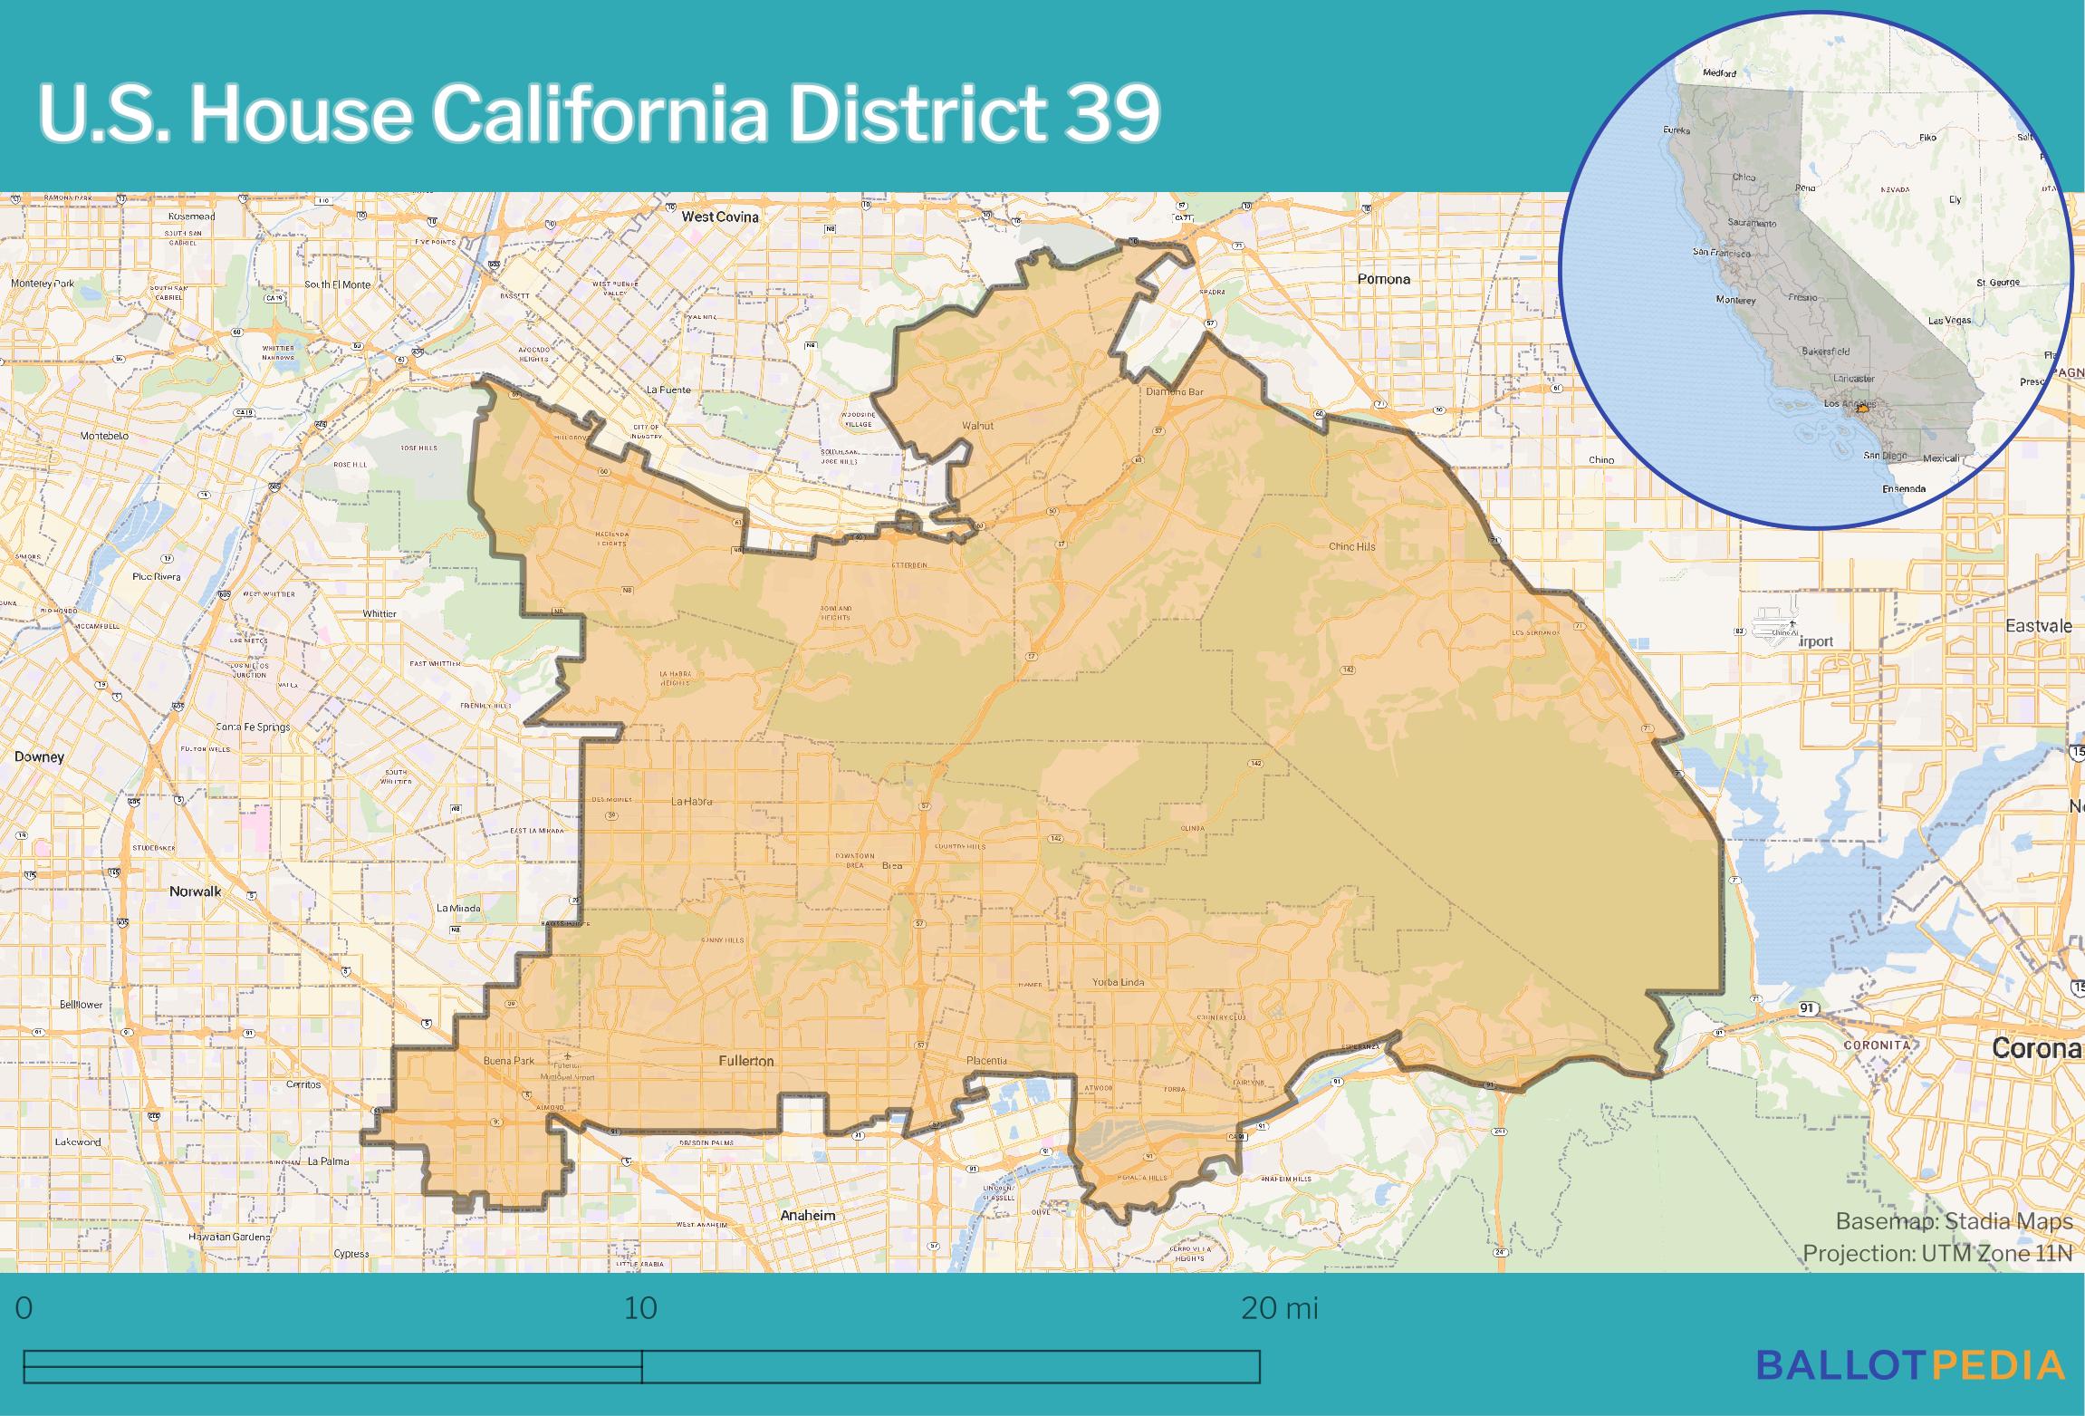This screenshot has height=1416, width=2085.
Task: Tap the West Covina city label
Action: pos(720,217)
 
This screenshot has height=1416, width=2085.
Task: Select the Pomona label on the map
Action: pos(1383,279)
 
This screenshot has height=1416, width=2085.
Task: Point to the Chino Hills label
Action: pos(1351,546)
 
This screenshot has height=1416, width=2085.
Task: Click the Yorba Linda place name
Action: pos(1118,982)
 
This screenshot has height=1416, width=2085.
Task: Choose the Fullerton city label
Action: pos(745,1061)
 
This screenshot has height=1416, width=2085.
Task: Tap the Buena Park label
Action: pos(509,1061)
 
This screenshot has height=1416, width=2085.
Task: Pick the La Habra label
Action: pos(691,801)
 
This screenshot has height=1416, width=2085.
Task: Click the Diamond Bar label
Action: pos(1174,392)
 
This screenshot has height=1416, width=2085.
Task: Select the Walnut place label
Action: pos(977,425)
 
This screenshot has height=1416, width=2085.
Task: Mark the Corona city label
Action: pos(2037,1048)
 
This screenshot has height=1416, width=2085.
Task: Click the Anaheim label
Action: pos(808,1215)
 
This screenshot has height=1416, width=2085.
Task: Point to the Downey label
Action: pos(39,756)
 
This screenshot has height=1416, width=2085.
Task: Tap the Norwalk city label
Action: pos(196,891)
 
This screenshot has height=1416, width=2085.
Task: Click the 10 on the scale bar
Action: pos(640,1309)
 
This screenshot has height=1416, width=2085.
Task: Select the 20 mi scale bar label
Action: pos(1279,1309)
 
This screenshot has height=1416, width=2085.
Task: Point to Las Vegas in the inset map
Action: pos(1948,321)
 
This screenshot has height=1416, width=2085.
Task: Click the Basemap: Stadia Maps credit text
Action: pos(1954,1222)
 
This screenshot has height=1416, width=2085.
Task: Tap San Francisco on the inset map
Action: pos(1722,252)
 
